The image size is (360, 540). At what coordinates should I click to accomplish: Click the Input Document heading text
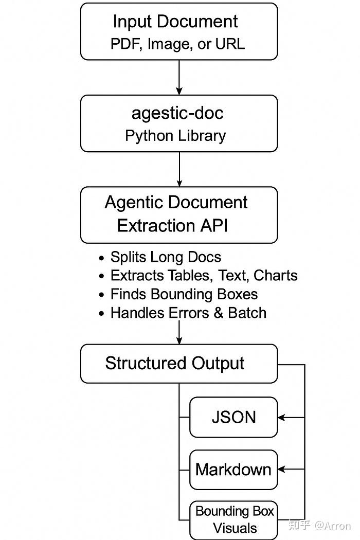[x=175, y=22]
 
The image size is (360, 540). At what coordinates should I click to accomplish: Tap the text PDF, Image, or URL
[x=177, y=44]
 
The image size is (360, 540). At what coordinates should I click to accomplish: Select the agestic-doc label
[x=177, y=113]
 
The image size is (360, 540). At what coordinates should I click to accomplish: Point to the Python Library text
[x=175, y=136]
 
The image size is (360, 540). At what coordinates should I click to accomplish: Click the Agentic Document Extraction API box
[x=178, y=214]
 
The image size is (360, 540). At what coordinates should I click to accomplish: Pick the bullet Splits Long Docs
[x=166, y=257]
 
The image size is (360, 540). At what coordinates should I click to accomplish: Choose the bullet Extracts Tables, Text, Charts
[x=204, y=276]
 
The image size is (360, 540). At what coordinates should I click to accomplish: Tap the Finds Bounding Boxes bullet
[x=184, y=294]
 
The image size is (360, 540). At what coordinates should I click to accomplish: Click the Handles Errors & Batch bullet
[x=188, y=313]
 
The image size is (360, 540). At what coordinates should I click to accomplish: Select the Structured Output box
[x=178, y=364]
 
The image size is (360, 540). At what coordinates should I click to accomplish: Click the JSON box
[x=233, y=417]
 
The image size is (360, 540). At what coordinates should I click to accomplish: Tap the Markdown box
[x=233, y=470]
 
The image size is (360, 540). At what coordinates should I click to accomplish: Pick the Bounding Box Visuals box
[x=234, y=519]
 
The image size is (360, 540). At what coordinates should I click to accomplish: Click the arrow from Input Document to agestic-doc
[x=179, y=77]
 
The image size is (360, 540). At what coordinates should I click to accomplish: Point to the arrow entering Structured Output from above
[x=179, y=333]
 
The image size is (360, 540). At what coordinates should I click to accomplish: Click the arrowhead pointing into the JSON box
[x=282, y=417]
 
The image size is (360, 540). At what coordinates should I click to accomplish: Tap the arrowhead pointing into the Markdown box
[x=282, y=469]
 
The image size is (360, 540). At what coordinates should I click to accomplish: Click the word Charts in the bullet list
[x=276, y=276]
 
